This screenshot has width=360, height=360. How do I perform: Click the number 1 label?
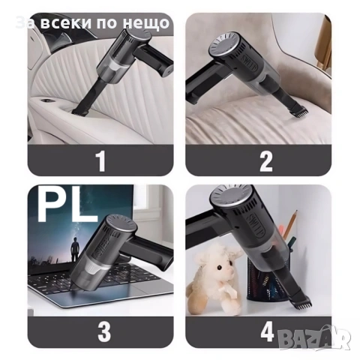(100, 160)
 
